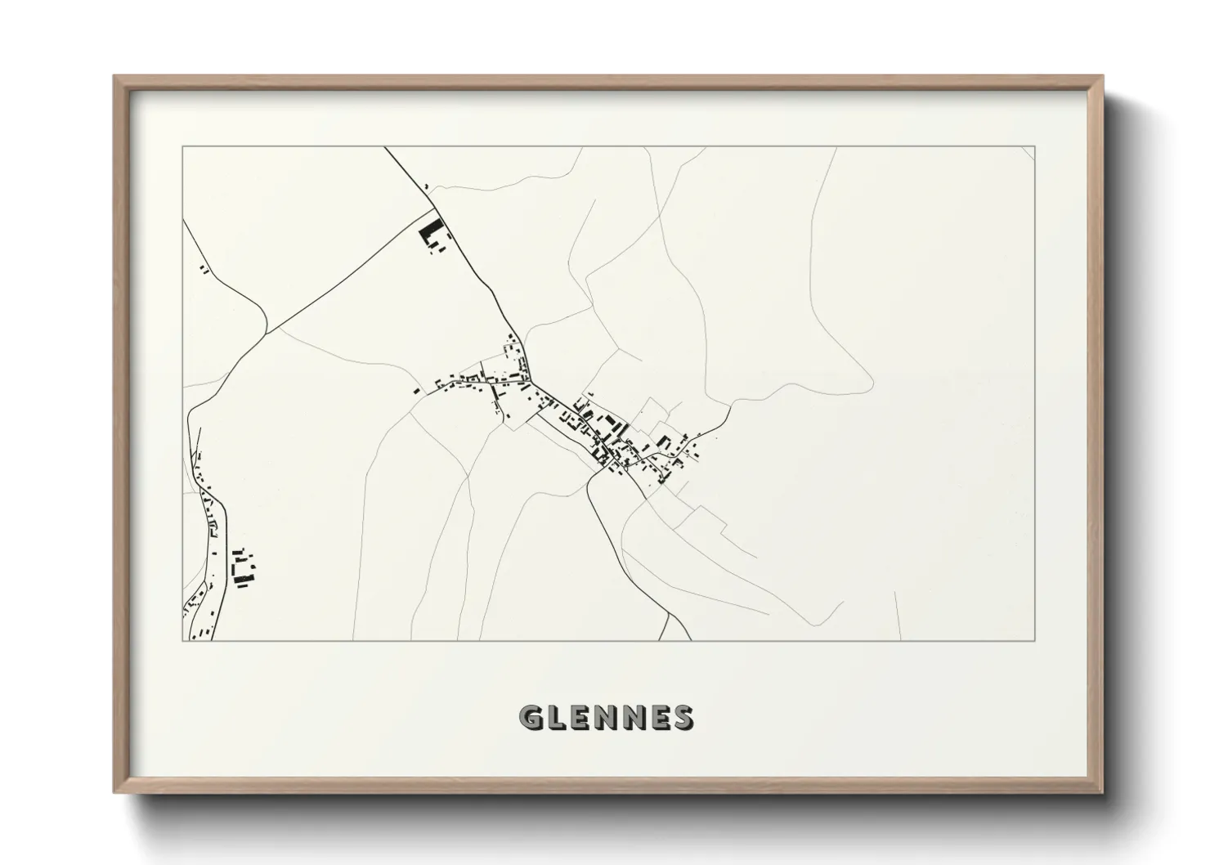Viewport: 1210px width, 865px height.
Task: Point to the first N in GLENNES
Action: (x=607, y=717)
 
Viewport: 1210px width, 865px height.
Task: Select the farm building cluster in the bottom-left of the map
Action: (x=242, y=568)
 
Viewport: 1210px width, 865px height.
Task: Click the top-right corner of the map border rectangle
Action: (x=1035, y=146)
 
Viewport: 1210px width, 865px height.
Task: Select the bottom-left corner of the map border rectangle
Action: (x=182, y=640)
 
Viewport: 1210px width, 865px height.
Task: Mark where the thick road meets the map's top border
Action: (x=384, y=147)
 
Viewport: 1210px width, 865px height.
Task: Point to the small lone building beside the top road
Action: (x=428, y=188)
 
